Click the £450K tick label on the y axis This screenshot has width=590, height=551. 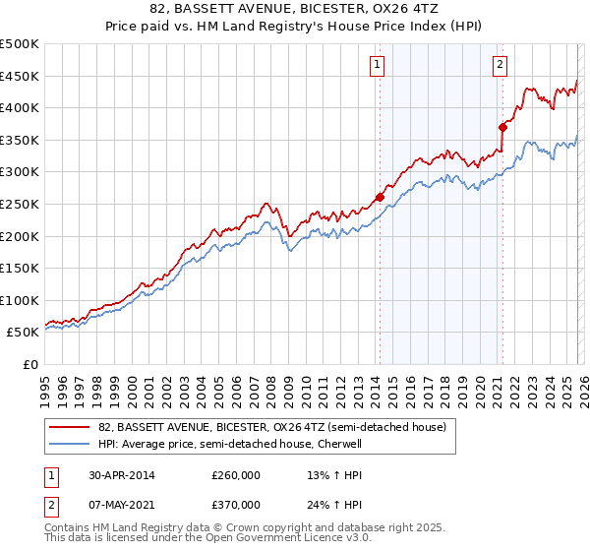pyautogui.click(x=20, y=76)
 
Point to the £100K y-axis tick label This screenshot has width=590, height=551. pyautogui.click(x=20, y=300)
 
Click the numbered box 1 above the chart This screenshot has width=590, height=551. pyautogui.click(x=378, y=66)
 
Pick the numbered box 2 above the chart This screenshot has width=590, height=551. pyautogui.click(x=500, y=66)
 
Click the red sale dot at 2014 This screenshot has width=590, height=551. pyautogui.click(x=380, y=197)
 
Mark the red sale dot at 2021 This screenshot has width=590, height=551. pyautogui.click(x=502, y=126)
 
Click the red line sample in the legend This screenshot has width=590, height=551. pyautogui.click(x=70, y=427)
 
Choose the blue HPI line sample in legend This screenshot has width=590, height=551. pyautogui.click(x=70, y=444)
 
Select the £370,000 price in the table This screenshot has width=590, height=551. pyautogui.click(x=236, y=504)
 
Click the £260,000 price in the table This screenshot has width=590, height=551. pyautogui.click(x=236, y=475)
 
